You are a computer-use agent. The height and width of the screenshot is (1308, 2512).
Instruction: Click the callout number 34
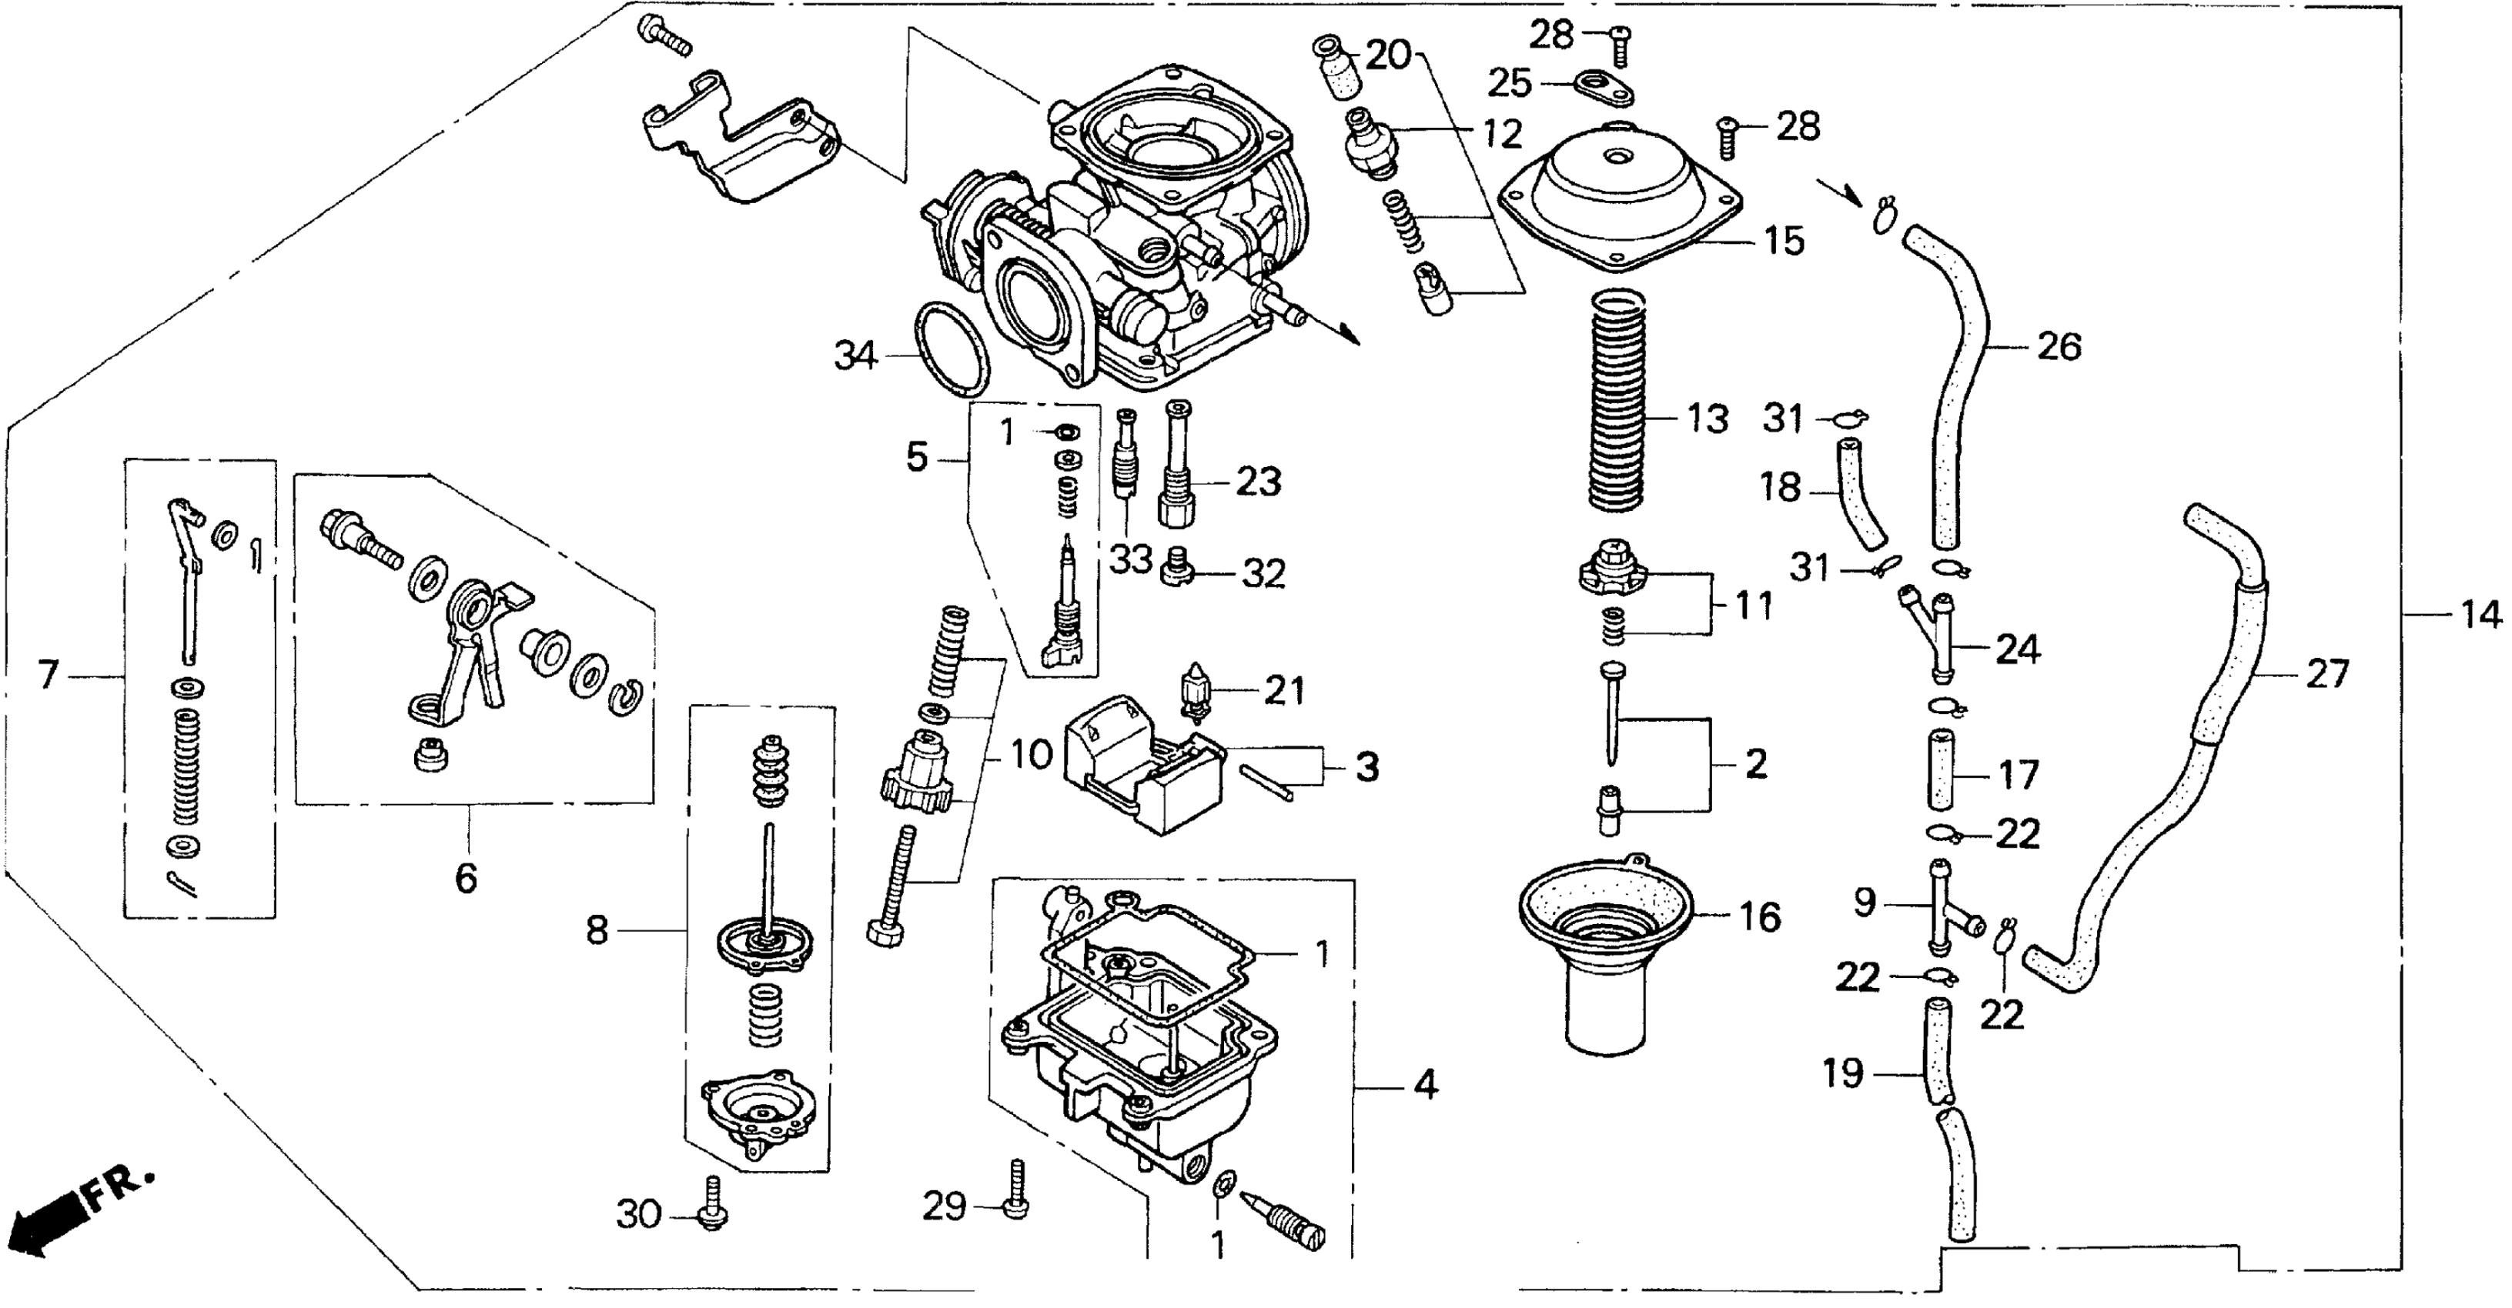point(855,357)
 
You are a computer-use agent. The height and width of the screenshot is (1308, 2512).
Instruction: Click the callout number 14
point(2480,615)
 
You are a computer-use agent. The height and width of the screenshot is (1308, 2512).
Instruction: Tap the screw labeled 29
point(1016,1190)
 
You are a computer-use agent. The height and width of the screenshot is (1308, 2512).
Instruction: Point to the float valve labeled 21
point(1196,689)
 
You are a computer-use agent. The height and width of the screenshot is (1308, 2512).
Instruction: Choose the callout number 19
point(1844,1074)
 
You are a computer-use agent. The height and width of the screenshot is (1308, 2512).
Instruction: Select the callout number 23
point(1258,482)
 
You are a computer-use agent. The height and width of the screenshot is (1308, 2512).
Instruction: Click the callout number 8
point(597,931)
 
